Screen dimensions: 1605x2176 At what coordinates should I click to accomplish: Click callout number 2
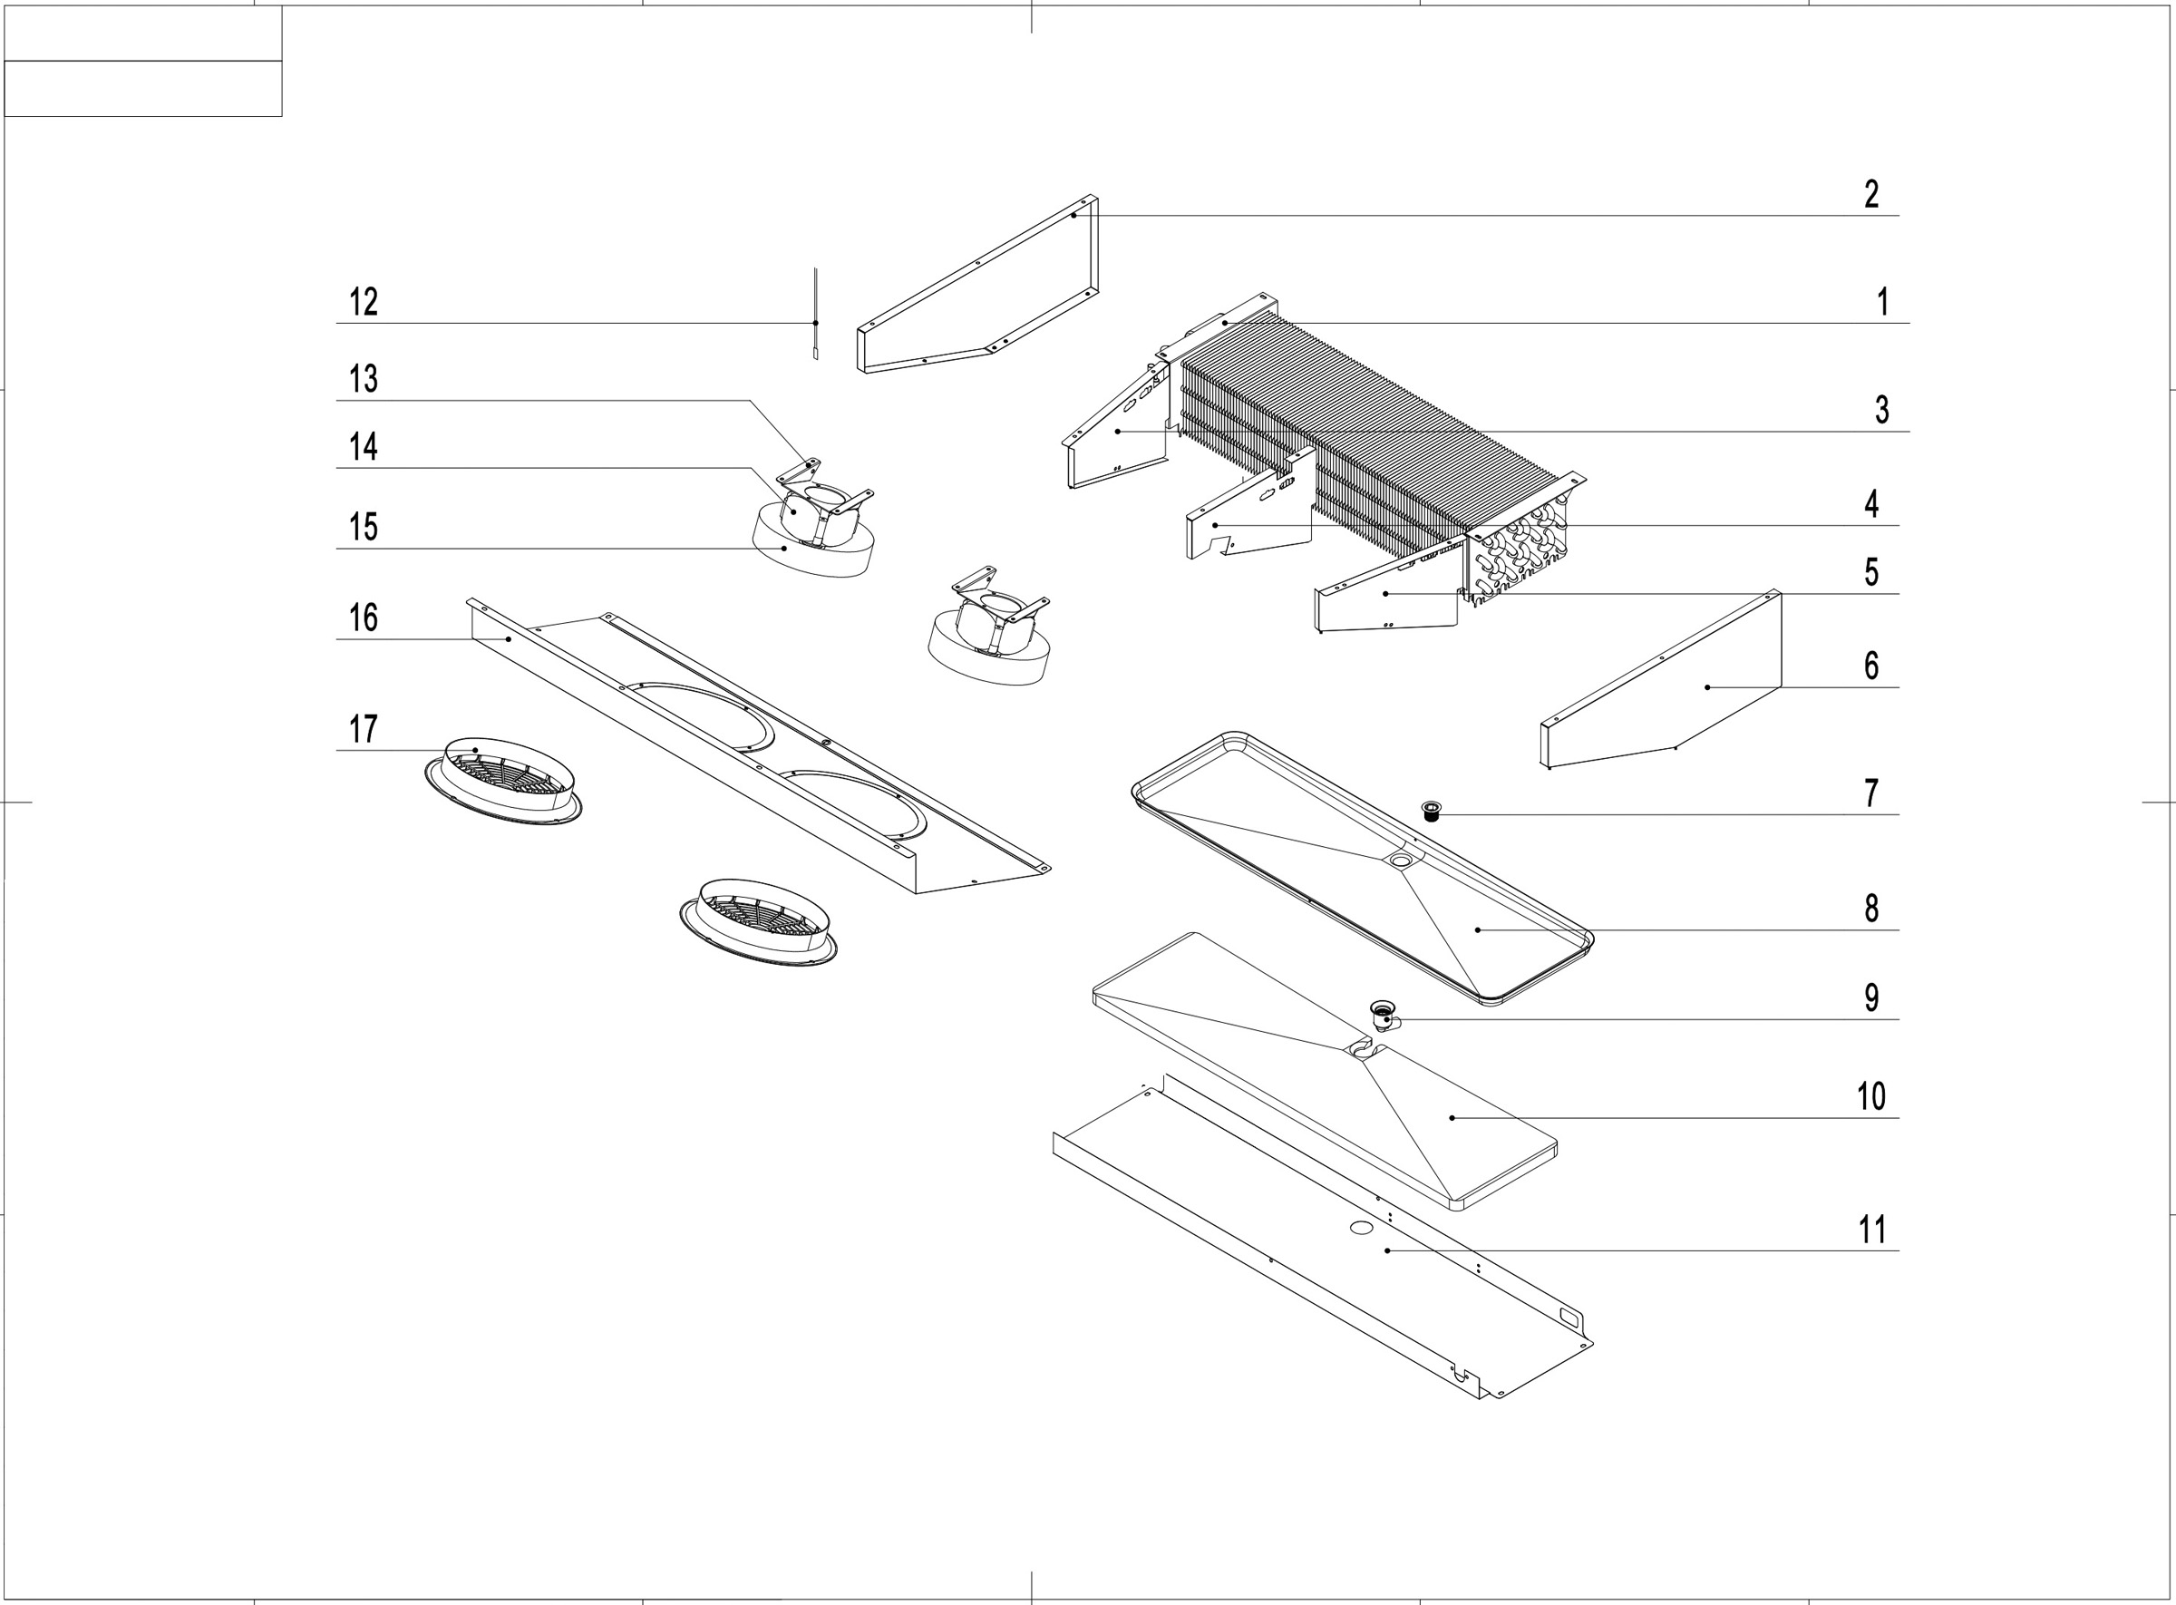(1871, 194)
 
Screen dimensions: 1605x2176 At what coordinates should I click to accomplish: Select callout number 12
(364, 302)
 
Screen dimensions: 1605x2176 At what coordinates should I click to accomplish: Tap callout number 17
(364, 729)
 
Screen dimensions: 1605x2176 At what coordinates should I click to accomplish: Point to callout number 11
(1872, 1230)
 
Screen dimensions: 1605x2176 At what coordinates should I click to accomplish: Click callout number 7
(1871, 793)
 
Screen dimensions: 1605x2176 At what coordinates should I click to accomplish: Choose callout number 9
(1871, 997)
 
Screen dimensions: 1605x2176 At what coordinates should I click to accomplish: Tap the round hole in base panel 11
(1361, 1228)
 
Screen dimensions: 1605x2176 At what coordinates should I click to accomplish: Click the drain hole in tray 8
(1401, 860)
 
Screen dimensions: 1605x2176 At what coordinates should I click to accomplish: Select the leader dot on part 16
(509, 639)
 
